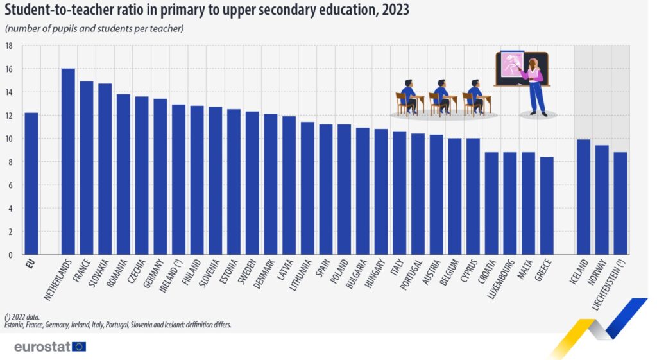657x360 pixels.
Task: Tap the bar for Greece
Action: tap(547, 205)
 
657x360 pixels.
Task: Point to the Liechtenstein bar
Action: tap(620, 203)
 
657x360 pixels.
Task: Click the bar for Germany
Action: tap(160, 176)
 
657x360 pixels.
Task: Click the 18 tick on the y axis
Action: tap(9, 46)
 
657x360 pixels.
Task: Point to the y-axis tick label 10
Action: tap(9, 139)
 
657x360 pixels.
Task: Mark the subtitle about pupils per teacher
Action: tap(94, 29)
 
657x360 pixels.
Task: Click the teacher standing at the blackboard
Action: tap(535, 86)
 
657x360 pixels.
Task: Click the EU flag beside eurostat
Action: tap(80, 347)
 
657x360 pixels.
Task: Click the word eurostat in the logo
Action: tap(42, 347)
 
